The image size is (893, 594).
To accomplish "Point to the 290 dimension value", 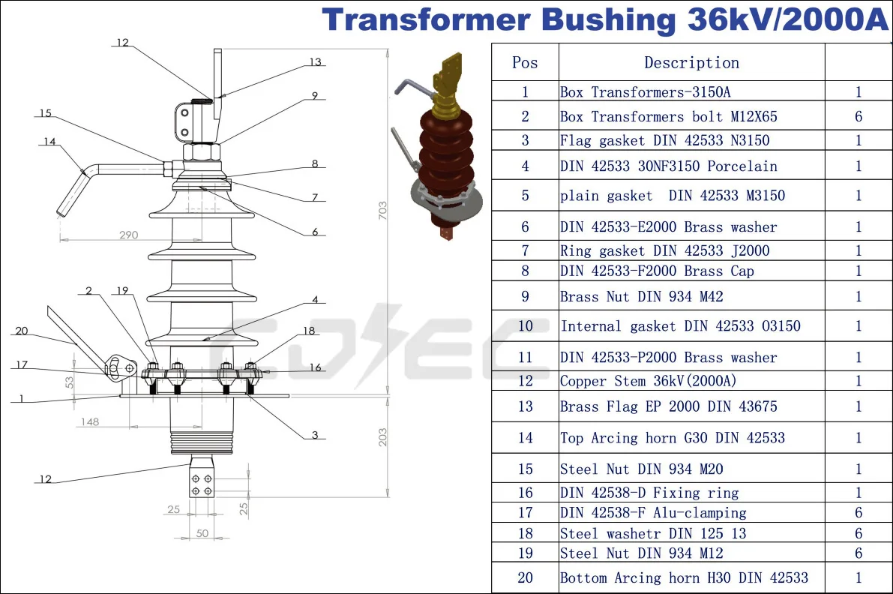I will [128, 235].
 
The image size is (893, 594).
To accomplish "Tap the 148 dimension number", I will [89, 421].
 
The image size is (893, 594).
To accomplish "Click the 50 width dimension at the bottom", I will [202, 532].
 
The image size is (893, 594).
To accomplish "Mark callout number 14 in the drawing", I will [49, 141].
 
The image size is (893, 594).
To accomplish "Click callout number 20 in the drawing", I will [21, 331].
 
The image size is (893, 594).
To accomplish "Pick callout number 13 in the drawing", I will [315, 62].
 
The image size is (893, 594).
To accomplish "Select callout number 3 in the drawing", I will [315, 435].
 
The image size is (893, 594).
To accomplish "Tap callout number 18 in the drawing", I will [309, 331].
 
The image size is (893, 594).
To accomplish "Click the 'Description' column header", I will [691, 63].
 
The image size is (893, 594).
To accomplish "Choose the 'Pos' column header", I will [525, 63].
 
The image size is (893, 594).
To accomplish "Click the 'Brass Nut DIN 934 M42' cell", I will [641, 297].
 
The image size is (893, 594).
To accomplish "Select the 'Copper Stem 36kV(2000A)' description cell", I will [648, 381].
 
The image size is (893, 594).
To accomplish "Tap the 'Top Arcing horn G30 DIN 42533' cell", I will [672, 438].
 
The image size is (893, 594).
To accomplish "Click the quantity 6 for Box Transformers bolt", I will [859, 116].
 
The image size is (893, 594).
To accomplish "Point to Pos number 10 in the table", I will [525, 326].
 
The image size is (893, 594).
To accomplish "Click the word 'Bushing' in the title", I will [608, 20].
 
